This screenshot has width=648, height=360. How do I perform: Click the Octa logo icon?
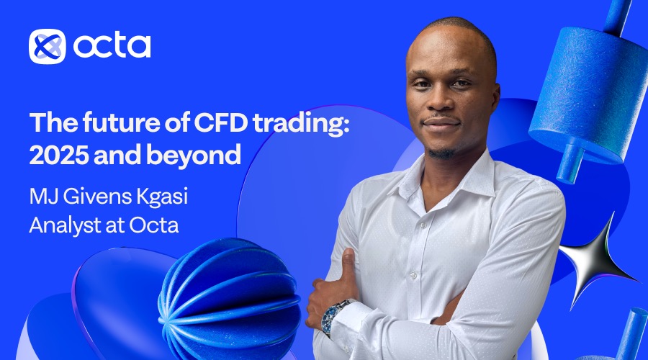click(x=47, y=46)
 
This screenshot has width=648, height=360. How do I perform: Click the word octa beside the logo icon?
click(x=112, y=45)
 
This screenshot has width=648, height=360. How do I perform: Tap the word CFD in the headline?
click(x=221, y=122)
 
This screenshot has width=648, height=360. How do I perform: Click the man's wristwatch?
click(x=334, y=315)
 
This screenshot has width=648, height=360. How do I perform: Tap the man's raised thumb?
click(x=348, y=264)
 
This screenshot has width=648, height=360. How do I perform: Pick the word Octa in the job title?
click(x=154, y=225)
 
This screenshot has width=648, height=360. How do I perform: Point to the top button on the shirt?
click(x=423, y=225)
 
